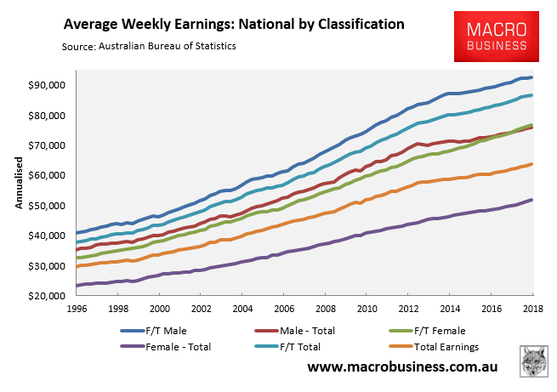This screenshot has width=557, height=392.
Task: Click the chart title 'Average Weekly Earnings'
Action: click(x=230, y=22)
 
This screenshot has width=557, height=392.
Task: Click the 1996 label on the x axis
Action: click(x=77, y=311)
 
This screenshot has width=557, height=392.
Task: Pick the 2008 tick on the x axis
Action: click(x=326, y=311)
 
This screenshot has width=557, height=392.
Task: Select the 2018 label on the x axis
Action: click(x=533, y=311)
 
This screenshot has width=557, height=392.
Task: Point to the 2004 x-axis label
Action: click(x=242, y=311)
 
